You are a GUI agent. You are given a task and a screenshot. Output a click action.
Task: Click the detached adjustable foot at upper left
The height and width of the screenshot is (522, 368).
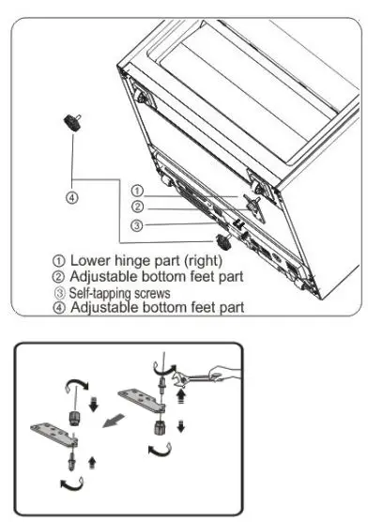69,122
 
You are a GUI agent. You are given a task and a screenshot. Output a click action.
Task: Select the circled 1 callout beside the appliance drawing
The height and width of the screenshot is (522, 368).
137,191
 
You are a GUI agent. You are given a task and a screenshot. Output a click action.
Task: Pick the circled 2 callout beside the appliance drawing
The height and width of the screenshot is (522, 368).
137,207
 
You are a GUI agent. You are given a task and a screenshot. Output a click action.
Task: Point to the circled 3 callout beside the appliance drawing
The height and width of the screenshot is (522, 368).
137,224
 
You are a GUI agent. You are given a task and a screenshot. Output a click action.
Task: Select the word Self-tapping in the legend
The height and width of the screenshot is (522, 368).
95,292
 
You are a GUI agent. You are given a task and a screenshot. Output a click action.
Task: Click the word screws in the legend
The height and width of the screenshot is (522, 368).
146,292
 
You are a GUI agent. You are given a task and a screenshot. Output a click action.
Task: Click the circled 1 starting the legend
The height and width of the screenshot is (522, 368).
58,260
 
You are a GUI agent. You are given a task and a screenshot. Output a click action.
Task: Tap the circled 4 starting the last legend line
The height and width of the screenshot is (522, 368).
58,306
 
